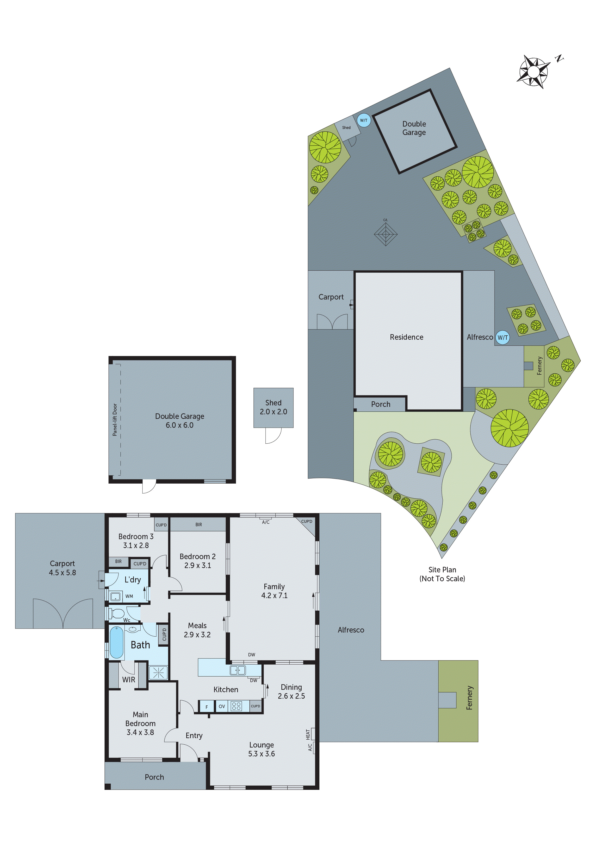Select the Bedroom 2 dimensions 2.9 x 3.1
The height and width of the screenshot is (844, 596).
tap(198, 565)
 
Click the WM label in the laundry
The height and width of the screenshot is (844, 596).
tap(129, 596)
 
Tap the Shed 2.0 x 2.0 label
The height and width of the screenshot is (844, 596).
tap(273, 407)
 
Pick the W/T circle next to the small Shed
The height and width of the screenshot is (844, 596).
tap(364, 120)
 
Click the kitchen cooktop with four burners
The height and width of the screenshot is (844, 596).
tap(236, 706)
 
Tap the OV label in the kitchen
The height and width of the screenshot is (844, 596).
tap(222, 706)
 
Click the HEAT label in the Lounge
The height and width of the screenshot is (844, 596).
tap(308, 735)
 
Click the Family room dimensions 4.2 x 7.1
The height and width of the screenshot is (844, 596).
tap(274, 595)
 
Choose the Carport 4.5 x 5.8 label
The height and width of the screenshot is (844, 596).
tap(62, 568)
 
